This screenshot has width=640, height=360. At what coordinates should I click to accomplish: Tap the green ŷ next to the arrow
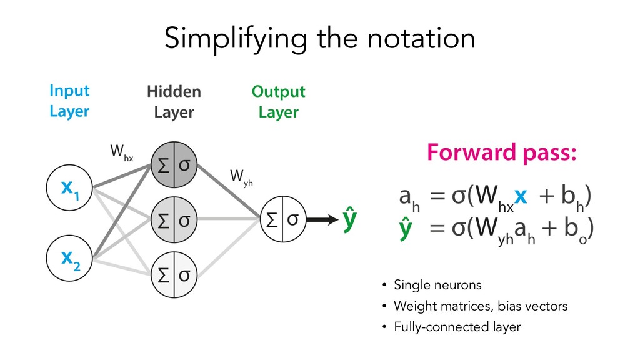351,220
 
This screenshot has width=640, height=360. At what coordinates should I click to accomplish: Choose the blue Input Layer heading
69,101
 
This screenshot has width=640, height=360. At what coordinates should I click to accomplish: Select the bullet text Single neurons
437,286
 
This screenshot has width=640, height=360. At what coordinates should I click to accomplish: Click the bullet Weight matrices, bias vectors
480,306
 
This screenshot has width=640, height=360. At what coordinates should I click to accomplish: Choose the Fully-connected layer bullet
457,327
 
